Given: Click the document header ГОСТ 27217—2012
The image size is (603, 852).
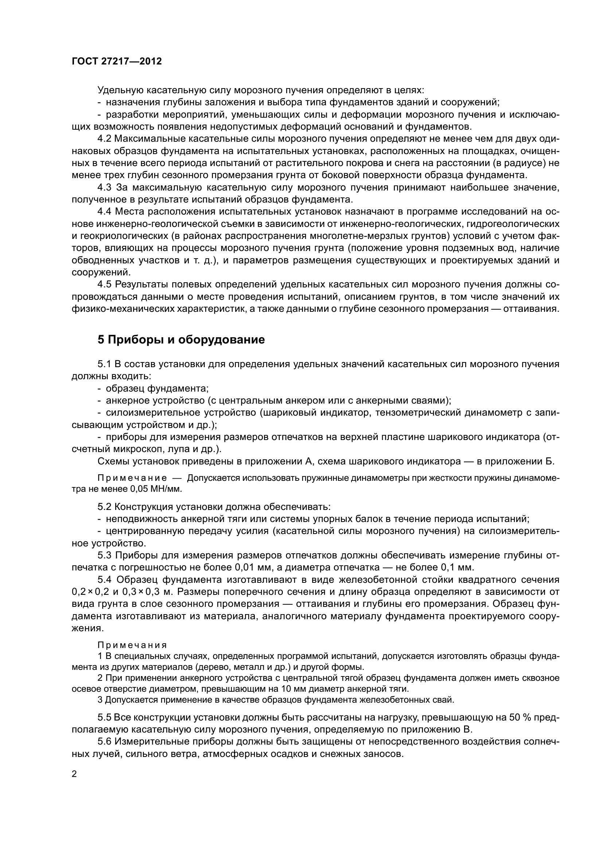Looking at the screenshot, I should (x=117, y=61).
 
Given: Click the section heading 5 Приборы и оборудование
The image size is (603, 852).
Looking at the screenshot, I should (x=181, y=339).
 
